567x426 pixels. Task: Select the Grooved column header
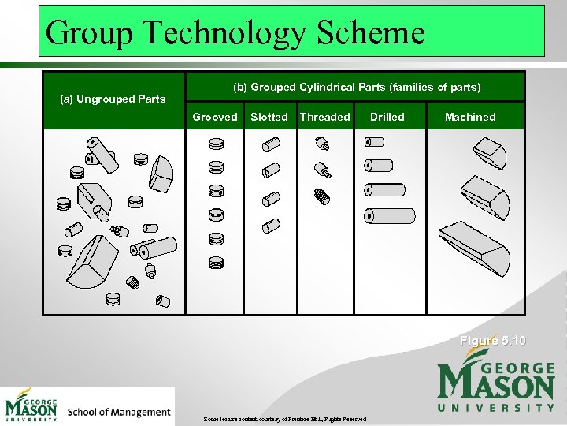pyautogui.click(x=215, y=117)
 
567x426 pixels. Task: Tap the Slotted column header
pyautogui.click(x=269, y=117)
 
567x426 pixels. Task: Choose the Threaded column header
pyautogui.click(x=325, y=117)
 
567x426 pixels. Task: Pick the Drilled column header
pyautogui.click(x=387, y=117)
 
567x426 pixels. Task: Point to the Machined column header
pyautogui.click(x=470, y=117)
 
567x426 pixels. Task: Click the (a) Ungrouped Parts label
pyautogui.click(x=113, y=99)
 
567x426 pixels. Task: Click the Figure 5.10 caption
pyautogui.click(x=493, y=341)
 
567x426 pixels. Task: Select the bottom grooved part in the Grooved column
pyautogui.click(x=216, y=263)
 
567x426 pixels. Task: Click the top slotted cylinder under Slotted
pyautogui.click(x=271, y=144)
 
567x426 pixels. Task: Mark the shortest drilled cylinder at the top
pyautogui.click(x=374, y=142)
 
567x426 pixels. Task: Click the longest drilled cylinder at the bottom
pyautogui.click(x=390, y=215)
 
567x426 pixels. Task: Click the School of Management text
pyautogui.click(x=119, y=412)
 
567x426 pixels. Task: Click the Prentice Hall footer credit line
pyautogui.click(x=284, y=419)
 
